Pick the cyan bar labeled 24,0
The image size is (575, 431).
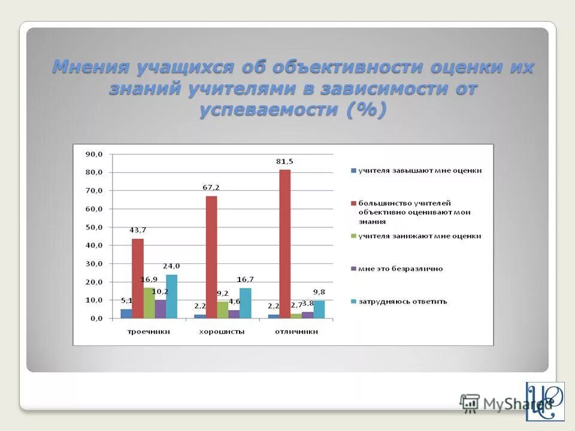pos(171,296)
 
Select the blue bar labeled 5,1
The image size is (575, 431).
pos(126,313)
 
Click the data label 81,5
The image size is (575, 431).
pos(285,162)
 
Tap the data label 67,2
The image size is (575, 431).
pos(211,187)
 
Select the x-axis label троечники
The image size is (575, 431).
pos(149,331)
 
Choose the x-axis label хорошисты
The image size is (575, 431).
pos(222,331)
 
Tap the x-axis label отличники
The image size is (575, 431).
pos(296,331)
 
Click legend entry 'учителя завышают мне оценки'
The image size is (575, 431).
pos(419,171)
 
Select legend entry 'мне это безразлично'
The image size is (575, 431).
pos(400,269)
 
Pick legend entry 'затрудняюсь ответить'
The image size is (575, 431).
pos(402,301)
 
